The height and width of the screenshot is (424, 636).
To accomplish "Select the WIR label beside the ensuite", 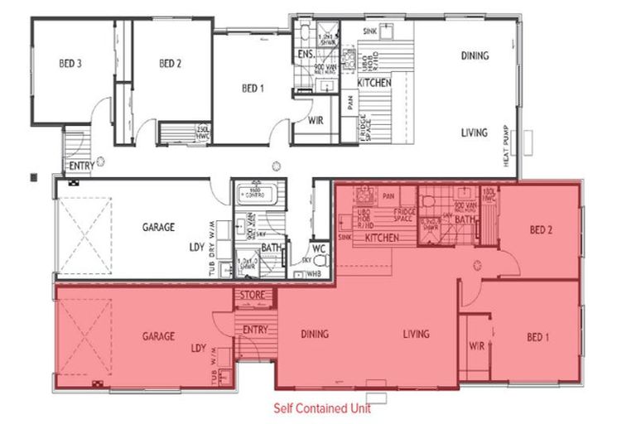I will [x=315, y=120].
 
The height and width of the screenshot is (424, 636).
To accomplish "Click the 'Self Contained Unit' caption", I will [x=322, y=408].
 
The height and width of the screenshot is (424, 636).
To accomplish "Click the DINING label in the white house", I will [x=475, y=56].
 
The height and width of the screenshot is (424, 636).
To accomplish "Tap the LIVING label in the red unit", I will [x=416, y=335].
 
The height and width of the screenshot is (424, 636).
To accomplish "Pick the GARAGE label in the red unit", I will [x=157, y=336].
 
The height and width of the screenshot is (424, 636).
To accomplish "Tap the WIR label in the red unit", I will [x=476, y=346].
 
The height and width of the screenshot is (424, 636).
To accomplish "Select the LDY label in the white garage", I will [x=196, y=248].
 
